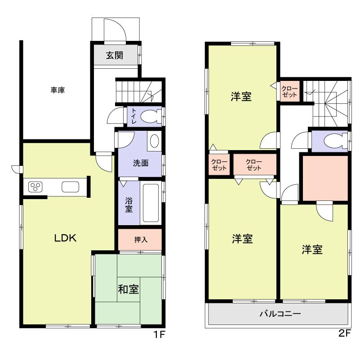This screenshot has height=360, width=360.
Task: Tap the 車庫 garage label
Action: pyautogui.click(x=58, y=90)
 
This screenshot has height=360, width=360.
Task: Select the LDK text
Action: pyautogui.click(x=66, y=238)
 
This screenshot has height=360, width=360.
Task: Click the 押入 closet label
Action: pyautogui.click(x=141, y=240)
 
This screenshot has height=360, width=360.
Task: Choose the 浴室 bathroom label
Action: pyautogui.click(x=129, y=204)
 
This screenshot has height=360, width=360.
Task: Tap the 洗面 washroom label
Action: pyautogui.click(x=140, y=163)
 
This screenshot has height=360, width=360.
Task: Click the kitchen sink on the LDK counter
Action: pyautogui.click(x=70, y=187)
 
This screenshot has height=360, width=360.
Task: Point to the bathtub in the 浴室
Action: pyautogui.click(x=151, y=203)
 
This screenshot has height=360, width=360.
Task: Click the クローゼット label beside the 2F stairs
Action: pyautogui.click(x=290, y=92)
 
